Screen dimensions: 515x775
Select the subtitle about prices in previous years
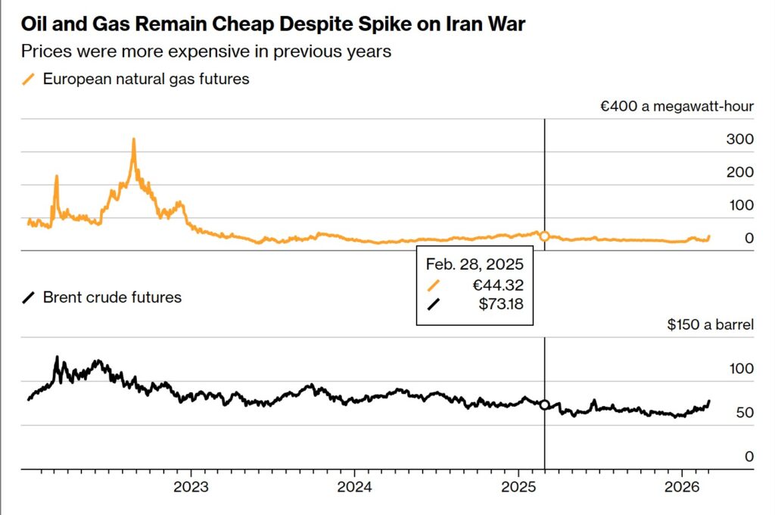[206, 51]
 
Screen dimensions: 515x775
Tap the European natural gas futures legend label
[146, 78]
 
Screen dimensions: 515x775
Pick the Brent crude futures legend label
[112, 297]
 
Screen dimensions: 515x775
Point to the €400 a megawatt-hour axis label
[677, 106]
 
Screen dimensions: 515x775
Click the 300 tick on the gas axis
[739, 139]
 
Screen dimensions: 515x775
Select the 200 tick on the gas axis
[739, 172]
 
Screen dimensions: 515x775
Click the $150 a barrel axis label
[710, 325]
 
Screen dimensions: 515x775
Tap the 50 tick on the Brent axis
[745, 413]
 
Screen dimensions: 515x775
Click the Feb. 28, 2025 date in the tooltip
[475, 265]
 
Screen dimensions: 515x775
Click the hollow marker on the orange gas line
[544, 236]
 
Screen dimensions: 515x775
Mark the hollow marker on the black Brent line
[544, 404]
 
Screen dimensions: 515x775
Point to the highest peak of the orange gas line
[133, 139]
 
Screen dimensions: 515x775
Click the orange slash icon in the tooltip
[434, 285]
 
